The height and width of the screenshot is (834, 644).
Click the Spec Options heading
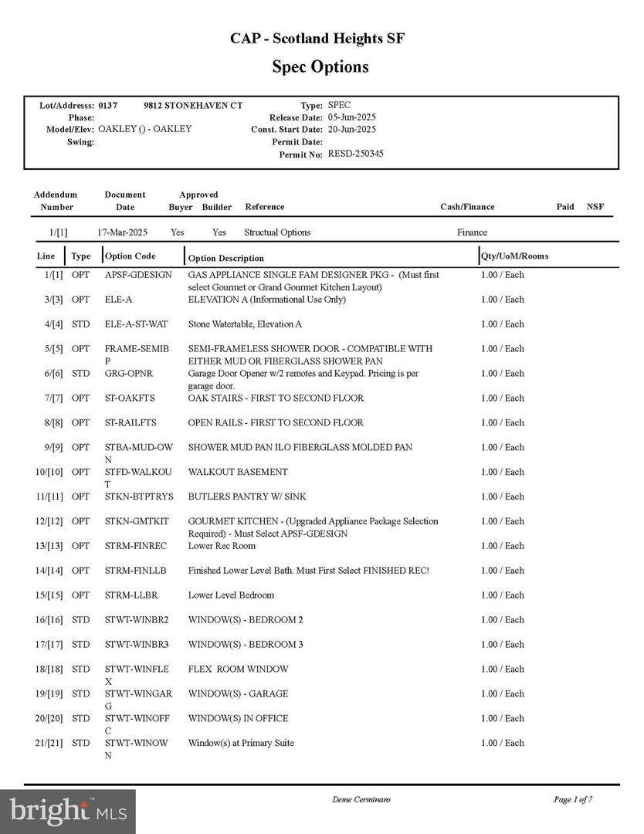coord(320,66)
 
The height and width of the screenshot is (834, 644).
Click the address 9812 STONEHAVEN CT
coord(193,105)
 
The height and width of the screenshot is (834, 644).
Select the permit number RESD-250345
coord(355,154)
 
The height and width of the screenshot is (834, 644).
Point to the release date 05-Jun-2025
coord(351,117)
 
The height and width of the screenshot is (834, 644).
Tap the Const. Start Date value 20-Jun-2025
coord(351,130)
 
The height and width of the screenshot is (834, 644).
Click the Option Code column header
coord(130,256)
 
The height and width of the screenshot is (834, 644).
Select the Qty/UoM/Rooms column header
coord(514,256)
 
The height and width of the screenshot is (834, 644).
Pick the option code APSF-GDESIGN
coord(138,275)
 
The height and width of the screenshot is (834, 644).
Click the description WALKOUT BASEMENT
coord(238,472)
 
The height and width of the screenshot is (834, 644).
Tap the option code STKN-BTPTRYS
coord(139,497)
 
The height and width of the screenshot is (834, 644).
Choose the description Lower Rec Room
coord(222,546)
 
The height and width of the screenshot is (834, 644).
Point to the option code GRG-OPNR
coord(129,374)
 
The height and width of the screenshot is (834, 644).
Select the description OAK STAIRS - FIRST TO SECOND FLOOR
coord(276,398)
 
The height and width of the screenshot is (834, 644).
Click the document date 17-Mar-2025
coord(122,232)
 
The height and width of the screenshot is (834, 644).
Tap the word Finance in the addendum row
coord(472,232)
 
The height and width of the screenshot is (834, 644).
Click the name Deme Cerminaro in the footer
coord(361,799)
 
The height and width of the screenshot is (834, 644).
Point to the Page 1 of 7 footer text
coord(573,799)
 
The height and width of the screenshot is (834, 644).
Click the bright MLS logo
coord(68,812)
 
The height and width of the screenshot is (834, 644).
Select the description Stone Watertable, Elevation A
coord(245,324)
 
